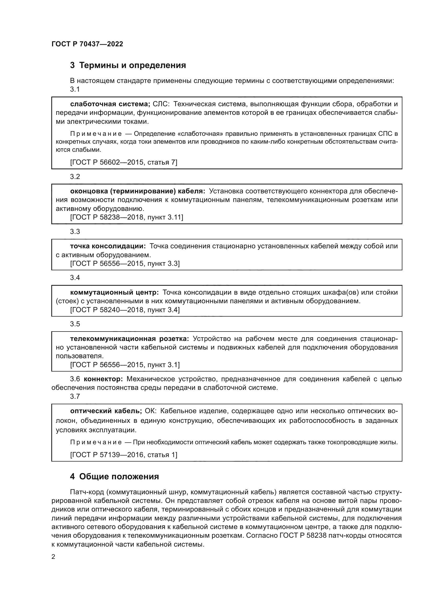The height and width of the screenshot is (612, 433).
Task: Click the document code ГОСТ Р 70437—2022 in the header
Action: tap(87, 44)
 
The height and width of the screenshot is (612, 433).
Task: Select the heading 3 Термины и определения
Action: tap(128, 65)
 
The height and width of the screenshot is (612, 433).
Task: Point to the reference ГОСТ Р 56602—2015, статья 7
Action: tap(124, 162)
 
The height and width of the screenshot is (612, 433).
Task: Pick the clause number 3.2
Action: tap(75, 176)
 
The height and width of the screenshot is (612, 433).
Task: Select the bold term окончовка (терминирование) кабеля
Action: tap(137, 191)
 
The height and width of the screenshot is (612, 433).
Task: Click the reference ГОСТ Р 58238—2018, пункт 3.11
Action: tap(126, 217)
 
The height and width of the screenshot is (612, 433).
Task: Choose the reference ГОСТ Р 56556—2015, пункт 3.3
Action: tap(125, 264)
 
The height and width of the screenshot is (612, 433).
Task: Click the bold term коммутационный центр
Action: tap(114, 293)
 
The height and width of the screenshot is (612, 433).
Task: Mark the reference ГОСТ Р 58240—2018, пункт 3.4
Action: tap(125, 310)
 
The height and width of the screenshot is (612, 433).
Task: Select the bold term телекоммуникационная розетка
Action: tap(129, 339)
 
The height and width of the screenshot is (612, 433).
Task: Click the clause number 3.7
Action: tap(75, 396)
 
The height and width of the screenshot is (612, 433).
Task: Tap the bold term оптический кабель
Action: tap(106, 411)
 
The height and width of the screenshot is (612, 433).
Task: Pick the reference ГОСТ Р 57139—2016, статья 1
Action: tap(124, 455)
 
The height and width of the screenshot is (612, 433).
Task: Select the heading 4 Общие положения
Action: tap(114, 476)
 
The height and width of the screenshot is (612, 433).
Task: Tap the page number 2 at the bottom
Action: tap(53, 557)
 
